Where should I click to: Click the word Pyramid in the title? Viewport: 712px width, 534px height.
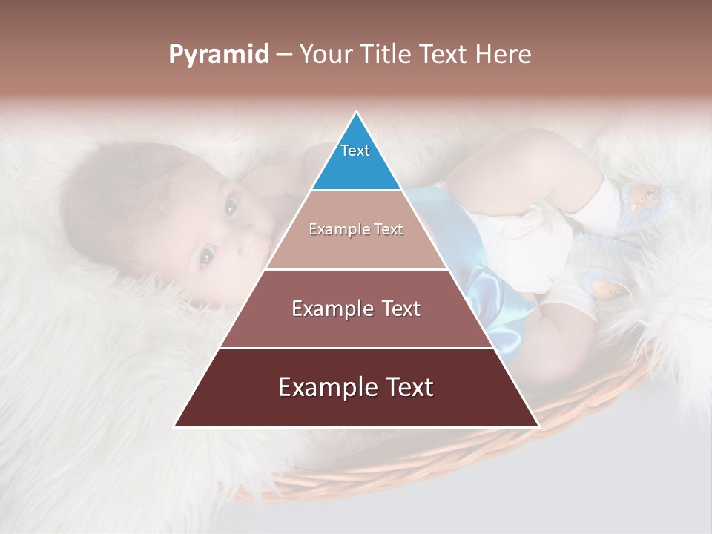[x=218, y=55]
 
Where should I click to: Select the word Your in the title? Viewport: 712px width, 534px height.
[x=326, y=55]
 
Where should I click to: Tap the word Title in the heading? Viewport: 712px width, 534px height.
[x=386, y=55]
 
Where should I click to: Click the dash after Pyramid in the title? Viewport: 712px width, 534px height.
[x=284, y=56]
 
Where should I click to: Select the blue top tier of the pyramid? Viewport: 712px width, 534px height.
[x=356, y=159]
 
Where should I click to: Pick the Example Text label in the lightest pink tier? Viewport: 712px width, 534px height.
[x=356, y=229]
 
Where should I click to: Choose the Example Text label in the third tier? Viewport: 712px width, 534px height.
[x=356, y=309]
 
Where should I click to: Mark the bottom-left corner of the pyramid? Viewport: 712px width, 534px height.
[x=175, y=426]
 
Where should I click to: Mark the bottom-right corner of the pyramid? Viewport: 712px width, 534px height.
[x=538, y=426]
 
